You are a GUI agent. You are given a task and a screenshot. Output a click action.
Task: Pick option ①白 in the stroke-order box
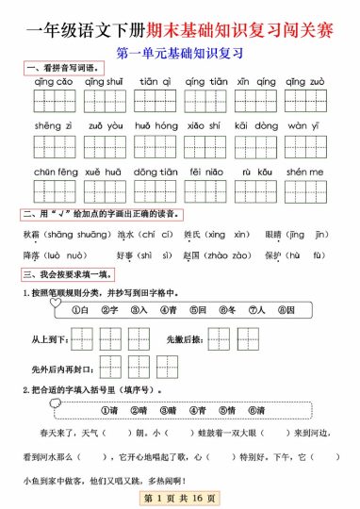[82, 310]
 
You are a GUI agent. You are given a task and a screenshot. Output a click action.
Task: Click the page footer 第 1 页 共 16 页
[179, 497]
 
